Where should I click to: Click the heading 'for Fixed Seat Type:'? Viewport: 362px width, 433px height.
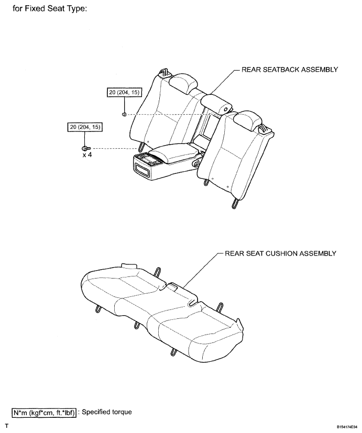coord(50,8)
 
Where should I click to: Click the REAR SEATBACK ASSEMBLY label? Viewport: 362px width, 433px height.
coord(290,70)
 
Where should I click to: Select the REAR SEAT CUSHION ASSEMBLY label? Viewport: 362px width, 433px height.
coord(280,253)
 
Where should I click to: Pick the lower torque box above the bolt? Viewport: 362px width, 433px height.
coord(85,127)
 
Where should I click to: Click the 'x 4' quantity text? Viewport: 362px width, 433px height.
coord(87,154)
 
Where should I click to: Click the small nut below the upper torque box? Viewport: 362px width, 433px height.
coord(124,114)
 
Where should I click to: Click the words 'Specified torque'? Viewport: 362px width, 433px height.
coord(107,412)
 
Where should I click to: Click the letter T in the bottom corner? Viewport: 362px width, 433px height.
coord(7,426)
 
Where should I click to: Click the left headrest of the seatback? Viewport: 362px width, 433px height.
coord(184,82)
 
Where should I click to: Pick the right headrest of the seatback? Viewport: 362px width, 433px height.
coord(248,119)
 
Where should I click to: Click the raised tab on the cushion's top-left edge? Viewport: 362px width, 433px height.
coord(129,265)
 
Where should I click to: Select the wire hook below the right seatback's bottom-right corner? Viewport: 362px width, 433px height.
coord(234,203)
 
